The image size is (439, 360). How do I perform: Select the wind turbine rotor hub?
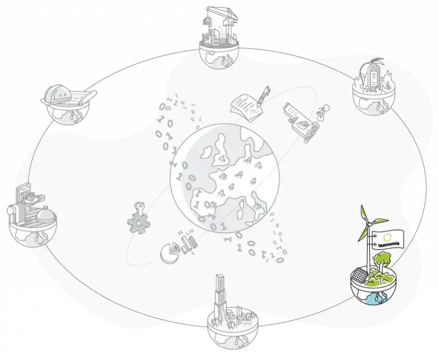tap(368, 223)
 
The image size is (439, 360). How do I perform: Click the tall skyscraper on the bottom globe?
tap(219, 298)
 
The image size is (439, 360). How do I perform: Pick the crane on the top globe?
tap(222, 14)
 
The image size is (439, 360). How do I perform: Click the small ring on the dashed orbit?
tap(162, 106)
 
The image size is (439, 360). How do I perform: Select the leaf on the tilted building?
tap(304, 125)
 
